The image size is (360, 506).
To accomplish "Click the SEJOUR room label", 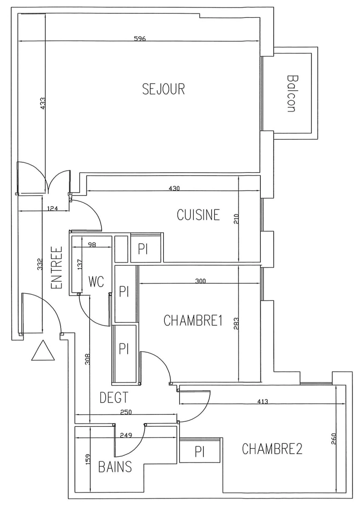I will click(163, 89).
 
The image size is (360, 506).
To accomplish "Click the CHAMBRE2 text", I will click(272, 449).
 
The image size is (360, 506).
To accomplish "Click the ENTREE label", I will click(56, 269).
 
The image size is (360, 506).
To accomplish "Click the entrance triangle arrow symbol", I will click(43, 351).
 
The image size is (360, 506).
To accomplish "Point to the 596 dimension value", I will click(139, 39).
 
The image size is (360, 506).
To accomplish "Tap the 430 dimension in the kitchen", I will click(174, 188).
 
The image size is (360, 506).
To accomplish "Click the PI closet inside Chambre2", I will click(200, 452).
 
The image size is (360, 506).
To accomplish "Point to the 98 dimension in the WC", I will click(92, 244).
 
